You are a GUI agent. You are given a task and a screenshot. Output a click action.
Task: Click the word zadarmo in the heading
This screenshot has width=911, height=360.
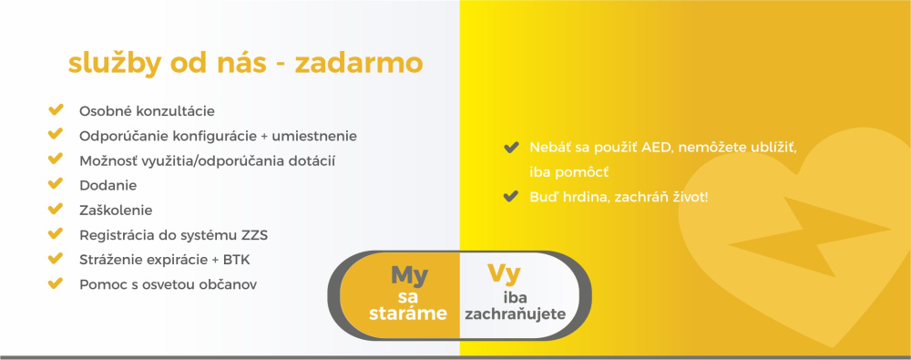(x=358, y=64)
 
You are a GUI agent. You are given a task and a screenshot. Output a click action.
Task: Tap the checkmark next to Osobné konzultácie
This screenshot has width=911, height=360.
(x=56, y=109)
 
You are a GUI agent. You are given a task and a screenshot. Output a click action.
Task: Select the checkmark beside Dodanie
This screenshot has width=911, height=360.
(x=56, y=184)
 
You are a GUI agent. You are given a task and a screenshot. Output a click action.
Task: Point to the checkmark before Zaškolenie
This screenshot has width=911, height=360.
(x=56, y=209)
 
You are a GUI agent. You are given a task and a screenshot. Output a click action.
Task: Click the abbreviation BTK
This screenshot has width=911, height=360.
(x=237, y=260)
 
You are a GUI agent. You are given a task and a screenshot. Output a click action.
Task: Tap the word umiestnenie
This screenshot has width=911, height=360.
(x=313, y=136)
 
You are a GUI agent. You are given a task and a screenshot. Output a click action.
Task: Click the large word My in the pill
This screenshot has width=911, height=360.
(x=409, y=274)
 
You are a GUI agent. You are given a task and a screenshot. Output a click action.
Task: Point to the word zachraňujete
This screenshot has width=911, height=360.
(x=516, y=314)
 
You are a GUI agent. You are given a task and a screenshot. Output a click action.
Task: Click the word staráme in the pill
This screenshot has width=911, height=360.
(x=408, y=314)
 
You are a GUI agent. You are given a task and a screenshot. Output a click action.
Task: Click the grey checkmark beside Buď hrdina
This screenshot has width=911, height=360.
(x=511, y=197)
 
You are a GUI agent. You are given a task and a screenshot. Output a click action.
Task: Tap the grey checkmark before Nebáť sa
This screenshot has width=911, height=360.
(x=511, y=147)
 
